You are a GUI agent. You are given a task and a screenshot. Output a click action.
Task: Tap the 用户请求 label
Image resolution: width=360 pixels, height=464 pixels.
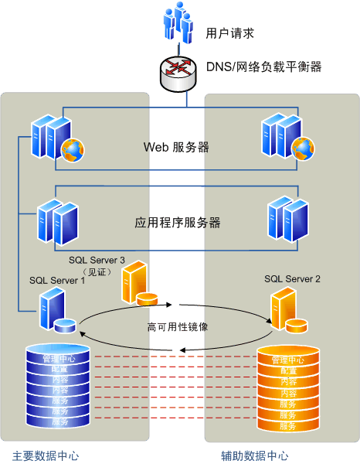(x=229, y=33)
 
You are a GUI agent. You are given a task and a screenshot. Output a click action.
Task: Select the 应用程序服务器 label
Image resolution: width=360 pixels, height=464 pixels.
(x=178, y=223)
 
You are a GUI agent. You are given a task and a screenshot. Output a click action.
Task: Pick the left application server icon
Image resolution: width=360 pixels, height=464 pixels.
(x=58, y=222)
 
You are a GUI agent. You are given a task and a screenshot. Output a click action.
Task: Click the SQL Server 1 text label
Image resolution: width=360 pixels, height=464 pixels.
(x=57, y=280)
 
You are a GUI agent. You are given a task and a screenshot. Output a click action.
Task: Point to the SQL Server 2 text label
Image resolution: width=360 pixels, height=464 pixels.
(x=292, y=278)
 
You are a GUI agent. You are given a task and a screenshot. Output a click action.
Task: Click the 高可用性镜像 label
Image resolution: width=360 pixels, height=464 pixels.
(x=178, y=326)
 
